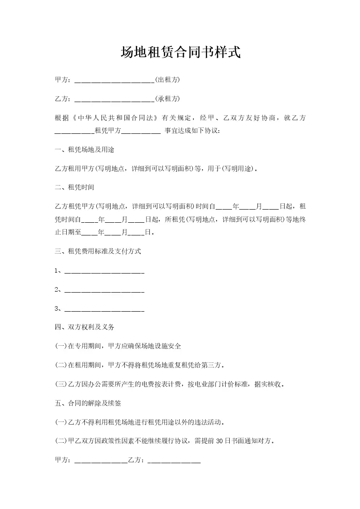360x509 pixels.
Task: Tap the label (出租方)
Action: pos(168,80)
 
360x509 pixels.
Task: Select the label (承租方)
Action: pos(168,99)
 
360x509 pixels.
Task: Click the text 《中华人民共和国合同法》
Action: pos(113,118)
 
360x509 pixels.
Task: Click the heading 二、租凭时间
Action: pos(74,187)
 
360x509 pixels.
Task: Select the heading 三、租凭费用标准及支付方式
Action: pos(97,251)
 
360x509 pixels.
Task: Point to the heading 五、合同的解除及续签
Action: pos(87,402)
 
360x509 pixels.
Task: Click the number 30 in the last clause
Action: pos(217,440)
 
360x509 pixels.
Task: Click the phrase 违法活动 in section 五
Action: pos(209,422)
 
